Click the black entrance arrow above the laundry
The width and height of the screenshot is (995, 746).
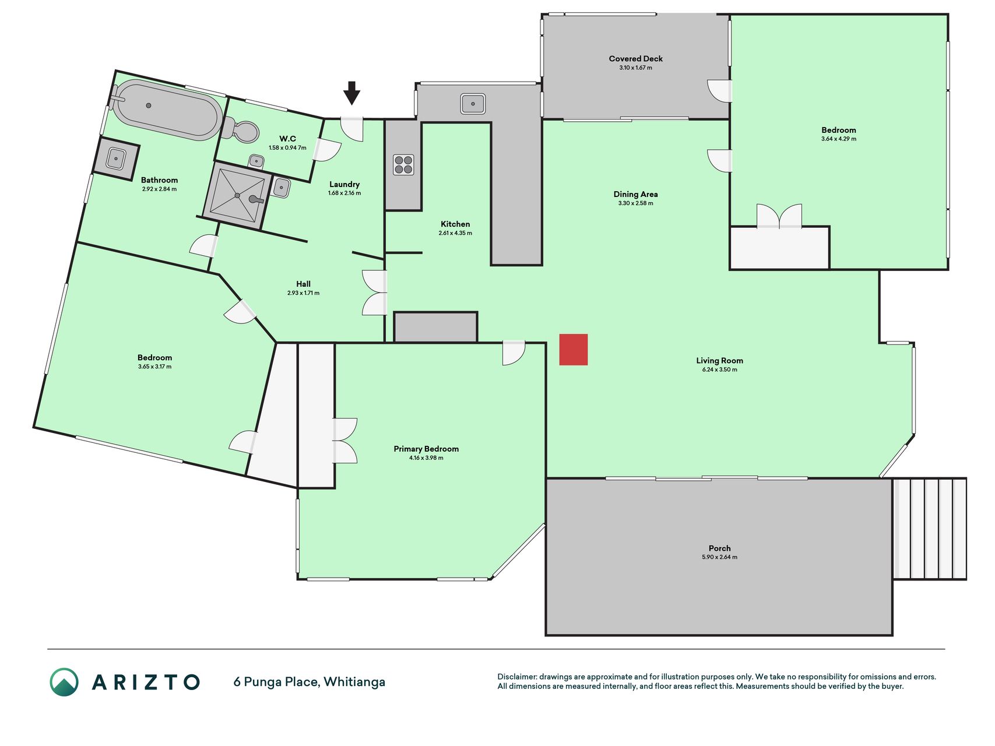[x=351, y=93]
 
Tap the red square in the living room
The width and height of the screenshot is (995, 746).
[x=574, y=350]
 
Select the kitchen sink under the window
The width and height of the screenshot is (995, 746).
[x=473, y=104]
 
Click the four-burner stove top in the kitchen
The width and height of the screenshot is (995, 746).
[x=403, y=164]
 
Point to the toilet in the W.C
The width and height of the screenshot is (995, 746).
[x=241, y=130]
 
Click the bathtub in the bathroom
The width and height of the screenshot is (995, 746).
[x=166, y=111]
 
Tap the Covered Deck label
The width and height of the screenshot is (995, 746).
[x=636, y=59]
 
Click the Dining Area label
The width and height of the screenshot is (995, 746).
[x=636, y=194]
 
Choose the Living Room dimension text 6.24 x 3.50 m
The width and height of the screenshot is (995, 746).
[x=720, y=370]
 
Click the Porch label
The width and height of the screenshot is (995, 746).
[x=720, y=548]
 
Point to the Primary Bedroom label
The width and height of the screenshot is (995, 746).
[x=426, y=449]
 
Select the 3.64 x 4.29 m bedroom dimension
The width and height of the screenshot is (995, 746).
[x=839, y=139]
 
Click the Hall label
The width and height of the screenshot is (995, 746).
[x=303, y=284]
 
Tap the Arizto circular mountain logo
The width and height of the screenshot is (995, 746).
[x=64, y=682]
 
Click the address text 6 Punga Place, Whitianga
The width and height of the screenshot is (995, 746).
[x=310, y=682]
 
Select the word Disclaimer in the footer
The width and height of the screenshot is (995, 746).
[x=517, y=677]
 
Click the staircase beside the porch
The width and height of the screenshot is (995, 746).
[x=930, y=529]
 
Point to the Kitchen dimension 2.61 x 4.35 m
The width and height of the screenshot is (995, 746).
[x=455, y=233]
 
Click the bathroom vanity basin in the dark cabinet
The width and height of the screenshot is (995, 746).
[x=116, y=159]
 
